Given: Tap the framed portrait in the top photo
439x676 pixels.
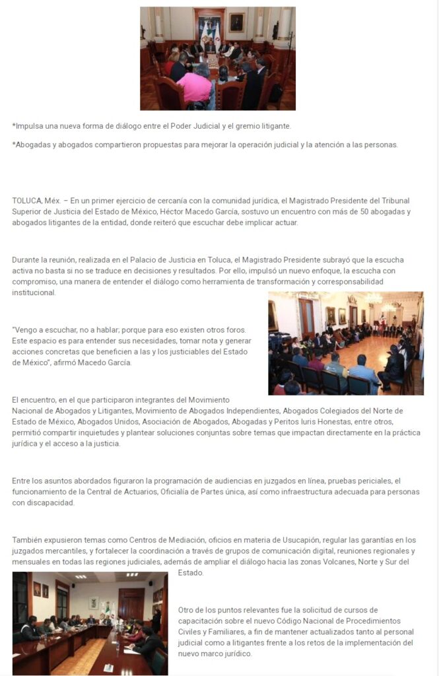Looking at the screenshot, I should [x=236, y=22].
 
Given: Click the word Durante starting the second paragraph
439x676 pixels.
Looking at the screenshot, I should [x=27, y=259].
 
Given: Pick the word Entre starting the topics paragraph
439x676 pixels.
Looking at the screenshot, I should [x=22, y=481].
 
